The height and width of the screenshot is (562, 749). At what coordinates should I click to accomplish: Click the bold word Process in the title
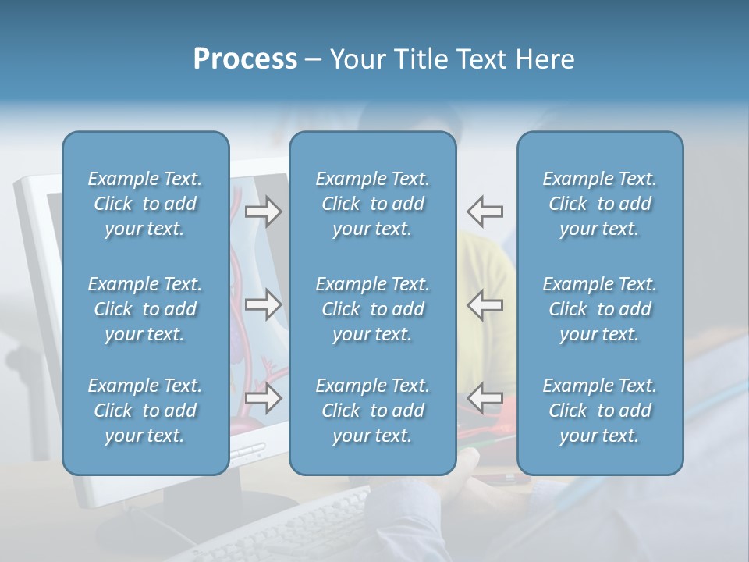click(x=245, y=59)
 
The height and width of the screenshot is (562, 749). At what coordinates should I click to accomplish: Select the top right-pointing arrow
click(x=263, y=211)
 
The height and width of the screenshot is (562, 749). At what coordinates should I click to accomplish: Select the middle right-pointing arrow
click(x=263, y=304)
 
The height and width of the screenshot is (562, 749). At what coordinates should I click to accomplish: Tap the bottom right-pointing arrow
click(x=263, y=397)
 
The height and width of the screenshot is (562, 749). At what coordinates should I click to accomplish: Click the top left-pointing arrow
click(x=485, y=211)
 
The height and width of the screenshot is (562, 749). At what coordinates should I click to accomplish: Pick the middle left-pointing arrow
click(x=485, y=304)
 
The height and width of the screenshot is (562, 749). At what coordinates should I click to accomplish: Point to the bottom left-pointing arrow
click(x=485, y=397)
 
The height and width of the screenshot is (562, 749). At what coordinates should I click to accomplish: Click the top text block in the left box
click(x=145, y=204)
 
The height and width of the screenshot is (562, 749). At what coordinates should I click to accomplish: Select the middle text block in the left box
click(x=145, y=309)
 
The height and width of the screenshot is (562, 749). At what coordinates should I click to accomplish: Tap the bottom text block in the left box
click(x=145, y=411)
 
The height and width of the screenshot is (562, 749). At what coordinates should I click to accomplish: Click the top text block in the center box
click(x=372, y=204)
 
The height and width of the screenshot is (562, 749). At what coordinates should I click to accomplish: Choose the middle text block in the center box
click(x=372, y=309)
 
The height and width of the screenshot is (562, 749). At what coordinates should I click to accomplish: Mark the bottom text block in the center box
click(x=372, y=411)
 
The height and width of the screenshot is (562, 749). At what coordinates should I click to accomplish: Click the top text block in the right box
click(x=599, y=204)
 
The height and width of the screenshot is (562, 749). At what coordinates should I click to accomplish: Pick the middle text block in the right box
click(x=599, y=309)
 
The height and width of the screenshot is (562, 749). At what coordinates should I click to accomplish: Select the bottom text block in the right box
click(x=599, y=411)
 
